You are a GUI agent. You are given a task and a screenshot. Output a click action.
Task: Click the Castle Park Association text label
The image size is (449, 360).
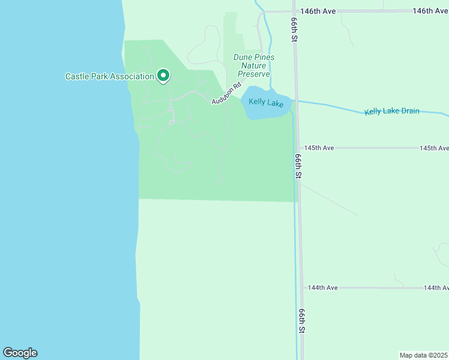click(110, 76)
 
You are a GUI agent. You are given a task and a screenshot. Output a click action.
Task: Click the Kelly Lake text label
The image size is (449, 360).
click(266, 103)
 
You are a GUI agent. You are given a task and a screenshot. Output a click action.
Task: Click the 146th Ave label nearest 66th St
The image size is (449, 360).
click(318, 11)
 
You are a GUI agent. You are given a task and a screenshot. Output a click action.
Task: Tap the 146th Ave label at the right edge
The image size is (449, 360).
click(430, 11)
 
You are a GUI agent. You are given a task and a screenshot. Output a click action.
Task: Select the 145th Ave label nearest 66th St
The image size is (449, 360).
click(319, 148)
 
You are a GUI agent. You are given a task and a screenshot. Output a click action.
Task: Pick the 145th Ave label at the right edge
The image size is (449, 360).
click(433, 148)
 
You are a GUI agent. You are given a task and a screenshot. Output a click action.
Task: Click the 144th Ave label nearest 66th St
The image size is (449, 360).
click(323, 288)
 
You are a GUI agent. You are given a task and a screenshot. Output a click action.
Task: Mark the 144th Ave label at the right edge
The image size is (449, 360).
click(436, 288)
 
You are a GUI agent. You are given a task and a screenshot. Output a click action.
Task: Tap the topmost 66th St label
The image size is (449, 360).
click(295, 29)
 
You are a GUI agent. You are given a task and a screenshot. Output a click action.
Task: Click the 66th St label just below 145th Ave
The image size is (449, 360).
click(298, 166)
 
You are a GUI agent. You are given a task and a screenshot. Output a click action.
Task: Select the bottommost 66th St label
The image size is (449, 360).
click(301, 322)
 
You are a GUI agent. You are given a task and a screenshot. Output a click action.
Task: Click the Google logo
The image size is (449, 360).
click(20, 353)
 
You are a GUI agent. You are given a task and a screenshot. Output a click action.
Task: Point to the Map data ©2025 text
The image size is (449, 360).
click(424, 355)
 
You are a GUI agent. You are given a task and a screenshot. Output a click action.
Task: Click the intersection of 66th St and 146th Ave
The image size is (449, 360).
click(294, 11)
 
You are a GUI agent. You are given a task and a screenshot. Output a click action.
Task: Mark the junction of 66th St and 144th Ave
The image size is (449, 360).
click(302, 288)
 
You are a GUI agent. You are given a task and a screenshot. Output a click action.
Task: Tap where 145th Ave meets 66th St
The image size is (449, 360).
click(298, 148)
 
